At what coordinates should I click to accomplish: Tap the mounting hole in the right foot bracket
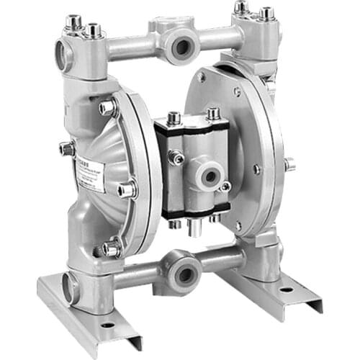[x=287, y=289]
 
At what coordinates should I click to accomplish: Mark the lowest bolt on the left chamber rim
[x=112, y=249]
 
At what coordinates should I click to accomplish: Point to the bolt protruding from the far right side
[x=289, y=164]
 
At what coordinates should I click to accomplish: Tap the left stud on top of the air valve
[x=174, y=117]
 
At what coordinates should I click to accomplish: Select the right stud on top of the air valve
[x=212, y=114]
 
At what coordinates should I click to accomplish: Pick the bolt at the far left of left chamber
[x=67, y=148]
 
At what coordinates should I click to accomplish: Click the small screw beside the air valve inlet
[x=225, y=186]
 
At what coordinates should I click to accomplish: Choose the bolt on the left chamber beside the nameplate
[x=127, y=190]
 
